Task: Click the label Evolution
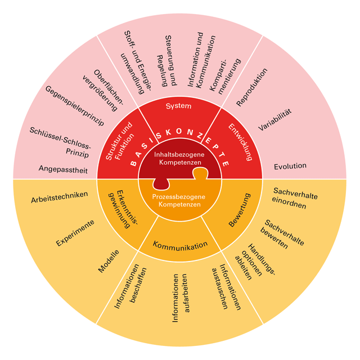[x=290, y=166]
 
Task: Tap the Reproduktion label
[x=252, y=87]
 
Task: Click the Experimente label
[x=75, y=233]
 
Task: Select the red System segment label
[x=179, y=106]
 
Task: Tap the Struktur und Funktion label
[x=119, y=142]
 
